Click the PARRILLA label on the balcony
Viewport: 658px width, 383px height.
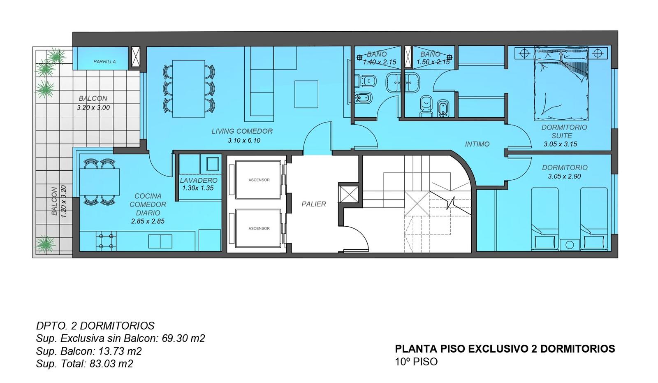click(104, 62)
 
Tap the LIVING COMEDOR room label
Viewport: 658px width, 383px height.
click(242, 131)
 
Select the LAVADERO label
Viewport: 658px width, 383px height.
click(199, 180)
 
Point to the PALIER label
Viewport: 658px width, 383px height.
click(314, 204)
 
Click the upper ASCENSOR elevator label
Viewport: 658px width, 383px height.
click(259, 180)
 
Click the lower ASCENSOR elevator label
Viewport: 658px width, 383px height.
click(259, 228)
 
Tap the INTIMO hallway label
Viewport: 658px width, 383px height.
click(477, 144)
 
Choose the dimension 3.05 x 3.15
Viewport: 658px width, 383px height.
click(560, 144)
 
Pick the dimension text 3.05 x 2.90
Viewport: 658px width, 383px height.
click(564, 176)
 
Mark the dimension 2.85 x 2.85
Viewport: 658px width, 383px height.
click(148, 221)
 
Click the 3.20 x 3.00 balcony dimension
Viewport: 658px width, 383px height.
click(93, 108)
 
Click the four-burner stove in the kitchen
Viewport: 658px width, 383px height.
click(106, 241)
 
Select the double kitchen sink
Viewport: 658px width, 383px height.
click(160, 241)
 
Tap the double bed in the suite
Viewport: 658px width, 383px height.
click(561, 83)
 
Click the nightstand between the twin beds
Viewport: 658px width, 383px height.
click(570, 245)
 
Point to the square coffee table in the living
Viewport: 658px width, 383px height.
click(306, 94)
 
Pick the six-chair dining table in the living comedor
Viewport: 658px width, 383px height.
click(189, 89)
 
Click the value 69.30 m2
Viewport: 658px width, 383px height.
click(183, 338)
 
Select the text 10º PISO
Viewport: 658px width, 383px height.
click(416, 362)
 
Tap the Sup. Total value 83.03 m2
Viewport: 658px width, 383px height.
click(111, 364)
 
